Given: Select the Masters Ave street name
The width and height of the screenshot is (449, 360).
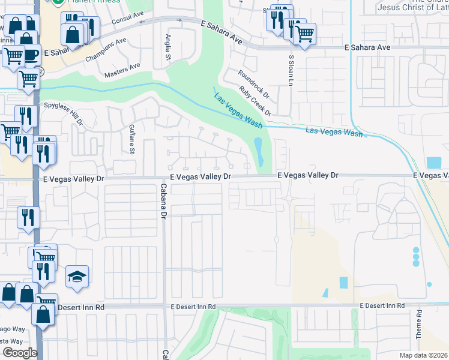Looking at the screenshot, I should tap(122, 70).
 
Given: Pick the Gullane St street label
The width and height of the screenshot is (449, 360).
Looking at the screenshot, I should tap(131, 139).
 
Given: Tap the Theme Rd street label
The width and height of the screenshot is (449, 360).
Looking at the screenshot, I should tap(419, 323).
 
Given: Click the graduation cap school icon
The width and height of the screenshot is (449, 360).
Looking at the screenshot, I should tap(77, 277).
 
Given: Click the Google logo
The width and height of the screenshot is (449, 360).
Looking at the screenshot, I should tap(20, 353).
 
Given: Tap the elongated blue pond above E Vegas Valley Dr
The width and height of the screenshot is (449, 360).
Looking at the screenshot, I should tap(259, 152).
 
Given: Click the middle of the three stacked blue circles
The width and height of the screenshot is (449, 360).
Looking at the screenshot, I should tap(416, 256).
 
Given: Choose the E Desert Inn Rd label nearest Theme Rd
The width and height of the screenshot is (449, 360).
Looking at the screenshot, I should tap(382, 306).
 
